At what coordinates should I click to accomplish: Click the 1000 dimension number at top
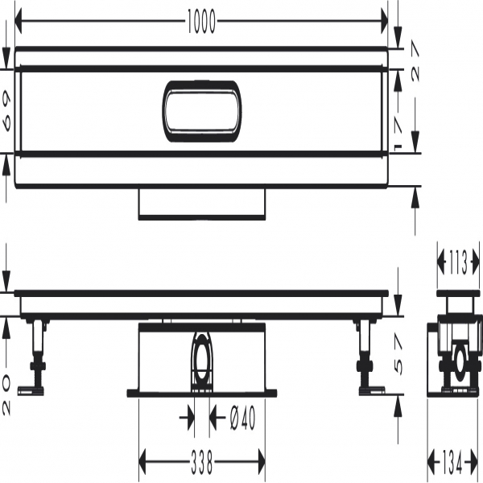201,21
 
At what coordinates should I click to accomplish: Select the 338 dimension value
202,462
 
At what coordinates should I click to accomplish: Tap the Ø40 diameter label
243,418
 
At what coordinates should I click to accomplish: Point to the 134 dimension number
452,462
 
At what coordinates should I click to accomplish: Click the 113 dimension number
459,262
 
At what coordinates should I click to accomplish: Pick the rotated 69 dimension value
6,112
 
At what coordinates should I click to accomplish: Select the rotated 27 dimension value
415,62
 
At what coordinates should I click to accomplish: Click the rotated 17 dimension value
397,133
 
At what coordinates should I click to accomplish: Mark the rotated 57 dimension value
398,355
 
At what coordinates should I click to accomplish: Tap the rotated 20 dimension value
6,395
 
